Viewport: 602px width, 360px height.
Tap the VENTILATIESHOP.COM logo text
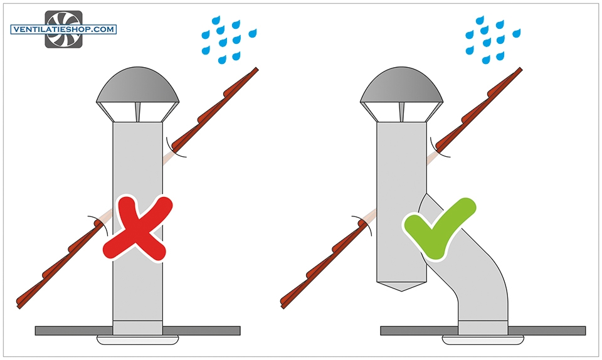pyautogui.click(x=64, y=29)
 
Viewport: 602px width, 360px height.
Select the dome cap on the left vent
pyautogui.click(x=137, y=85)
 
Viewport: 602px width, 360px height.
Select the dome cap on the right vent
pyautogui.click(x=401, y=85)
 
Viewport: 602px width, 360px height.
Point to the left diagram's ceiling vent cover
pyautogui.click(x=137, y=340)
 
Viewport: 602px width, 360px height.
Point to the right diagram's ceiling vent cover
pyautogui.click(x=483, y=340)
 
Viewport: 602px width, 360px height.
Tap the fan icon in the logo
pyautogui.click(x=64, y=29)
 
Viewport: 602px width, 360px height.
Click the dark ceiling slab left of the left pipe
pyautogui.click(x=74, y=331)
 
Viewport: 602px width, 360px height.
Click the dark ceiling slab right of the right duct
pyautogui.click(x=547, y=331)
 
